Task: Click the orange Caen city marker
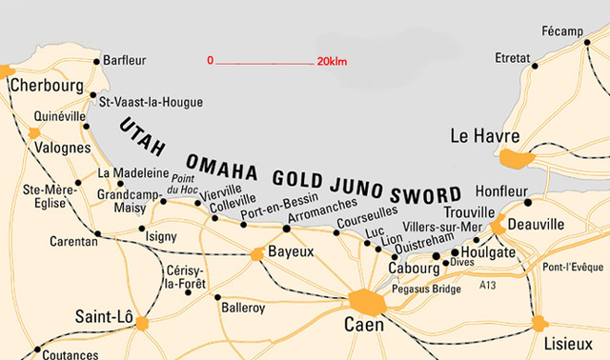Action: point(366,303)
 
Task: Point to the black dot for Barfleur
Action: point(96,61)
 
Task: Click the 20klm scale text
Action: point(333,61)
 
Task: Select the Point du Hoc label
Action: point(183,185)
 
